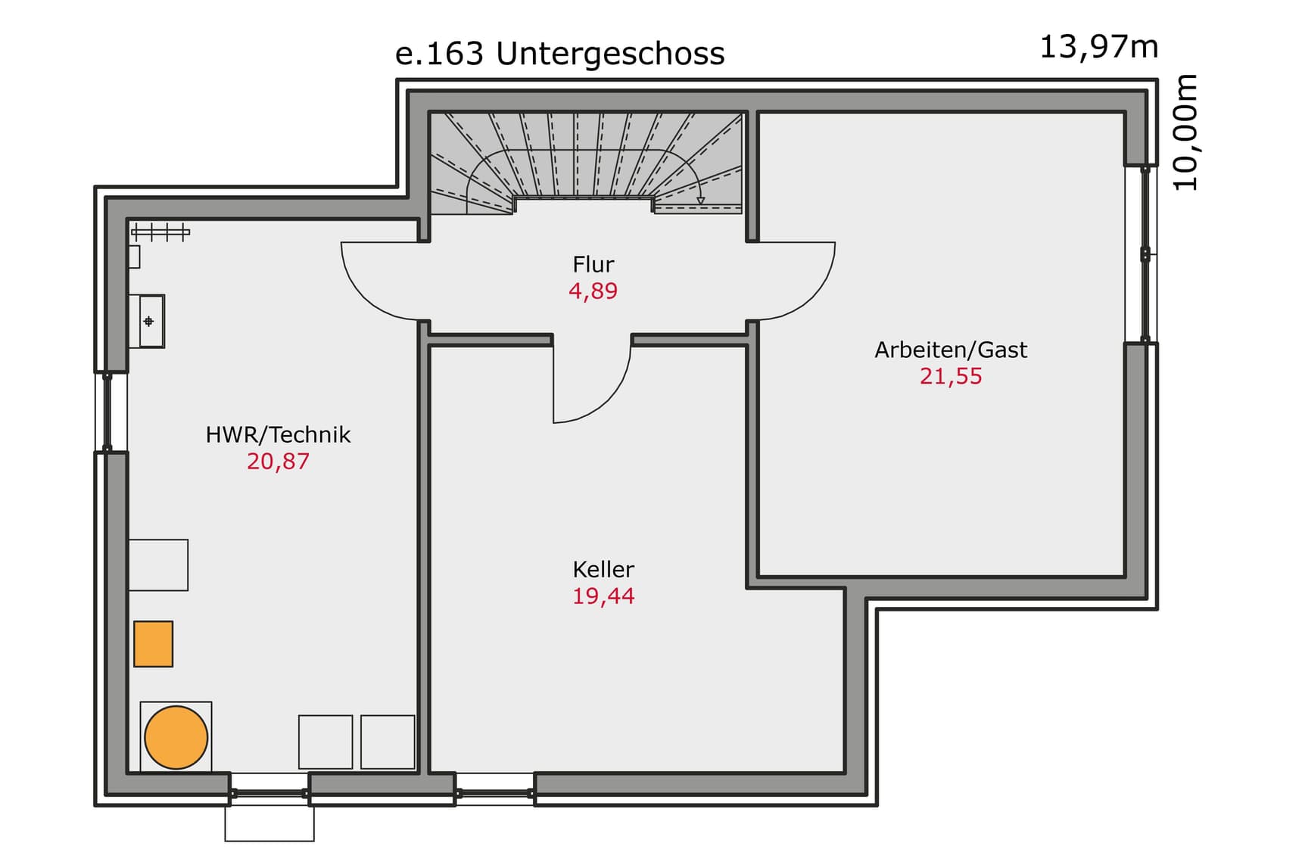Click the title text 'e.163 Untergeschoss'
tap(559, 54)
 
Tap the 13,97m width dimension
tap(1098, 47)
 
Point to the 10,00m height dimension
tap(1185, 132)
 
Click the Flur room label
tap(593, 264)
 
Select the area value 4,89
tap(593, 291)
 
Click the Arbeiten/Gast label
tap(951, 350)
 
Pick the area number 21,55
tap(951, 376)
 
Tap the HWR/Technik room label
tap(278, 434)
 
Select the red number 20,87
tap(278, 461)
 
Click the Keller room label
tap(603, 569)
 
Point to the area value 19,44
tap(603, 596)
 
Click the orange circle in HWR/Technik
tap(176, 737)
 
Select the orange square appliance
tap(153, 644)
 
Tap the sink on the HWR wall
tap(151, 321)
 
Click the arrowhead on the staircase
tap(701, 201)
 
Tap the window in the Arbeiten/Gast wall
tap(1145, 254)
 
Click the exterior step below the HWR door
tap(269, 823)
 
